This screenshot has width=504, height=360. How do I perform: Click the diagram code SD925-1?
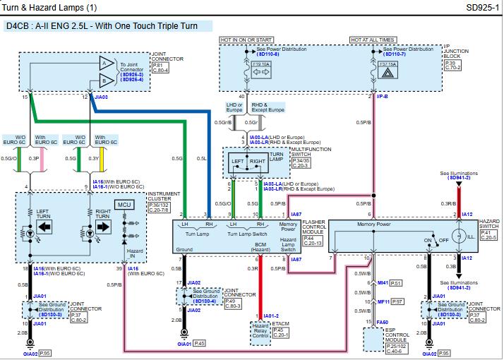click(481, 8)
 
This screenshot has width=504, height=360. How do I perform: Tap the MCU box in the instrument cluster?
click(125, 205)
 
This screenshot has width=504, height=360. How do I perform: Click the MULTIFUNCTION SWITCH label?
click(311, 150)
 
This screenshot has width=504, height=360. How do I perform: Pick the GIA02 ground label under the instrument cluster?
click(30, 352)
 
